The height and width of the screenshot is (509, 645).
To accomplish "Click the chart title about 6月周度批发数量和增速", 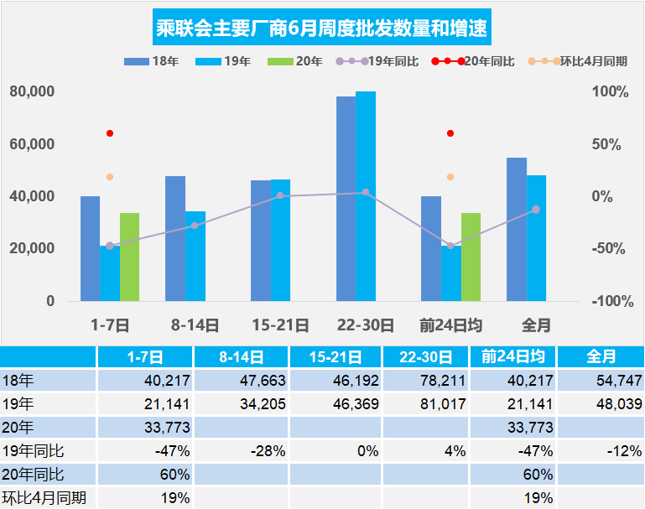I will [x=322, y=29].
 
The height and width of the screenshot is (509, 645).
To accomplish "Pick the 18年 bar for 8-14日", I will [x=175, y=238].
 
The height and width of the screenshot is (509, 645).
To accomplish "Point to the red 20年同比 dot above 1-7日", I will [x=110, y=133].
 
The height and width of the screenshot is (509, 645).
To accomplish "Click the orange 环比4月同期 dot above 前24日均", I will [x=450, y=177].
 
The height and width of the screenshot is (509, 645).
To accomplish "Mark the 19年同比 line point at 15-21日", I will [x=280, y=195].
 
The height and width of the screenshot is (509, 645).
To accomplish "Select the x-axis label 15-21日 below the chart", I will [x=280, y=324].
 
